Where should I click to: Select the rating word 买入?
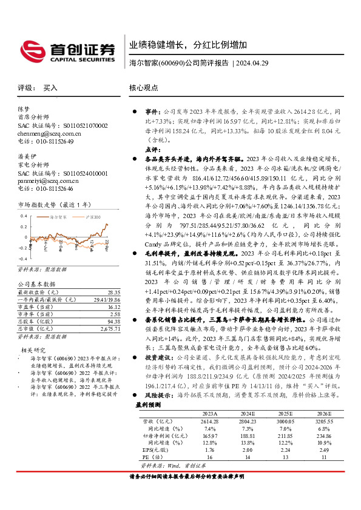click(x=50, y=88)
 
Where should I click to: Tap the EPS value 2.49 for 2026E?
click(x=326, y=451)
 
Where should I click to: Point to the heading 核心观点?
click(x=144, y=88)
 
